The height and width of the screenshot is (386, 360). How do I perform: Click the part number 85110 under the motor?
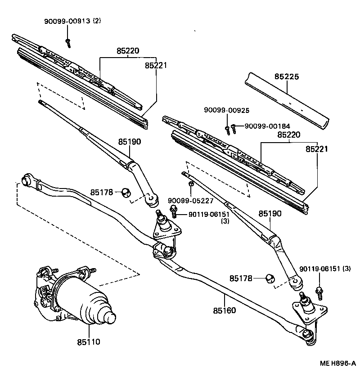[88, 342]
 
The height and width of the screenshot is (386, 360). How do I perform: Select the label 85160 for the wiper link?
[225, 310]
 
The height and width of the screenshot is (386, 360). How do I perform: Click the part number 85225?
[287, 76]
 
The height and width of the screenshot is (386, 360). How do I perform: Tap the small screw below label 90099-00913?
[68, 43]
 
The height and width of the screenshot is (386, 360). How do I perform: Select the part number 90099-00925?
[226, 110]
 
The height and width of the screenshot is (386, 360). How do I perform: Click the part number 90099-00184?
[267, 126]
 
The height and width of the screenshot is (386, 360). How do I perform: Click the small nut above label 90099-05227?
[191, 183]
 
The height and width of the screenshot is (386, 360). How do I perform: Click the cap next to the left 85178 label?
[126, 193]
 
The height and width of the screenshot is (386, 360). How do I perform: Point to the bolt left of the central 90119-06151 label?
[173, 210]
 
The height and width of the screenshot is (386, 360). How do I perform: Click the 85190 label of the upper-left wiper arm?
[130, 142]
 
